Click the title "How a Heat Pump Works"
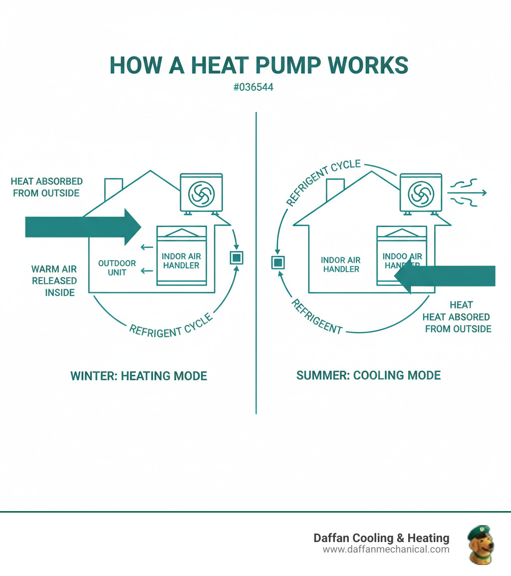(x=258, y=65)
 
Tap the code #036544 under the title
(x=253, y=87)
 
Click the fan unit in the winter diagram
(x=201, y=193)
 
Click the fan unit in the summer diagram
(x=421, y=194)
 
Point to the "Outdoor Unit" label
(x=117, y=268)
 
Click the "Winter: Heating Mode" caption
(x=139, y=376)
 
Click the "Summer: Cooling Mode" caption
(x=368, y=375)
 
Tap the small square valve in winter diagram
(x=236, y=258)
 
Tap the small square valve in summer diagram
(x=277, y=263)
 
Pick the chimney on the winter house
(x=113, y=189)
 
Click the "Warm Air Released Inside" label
(x=54, y=281)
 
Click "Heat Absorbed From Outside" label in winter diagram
(x=46, y=187)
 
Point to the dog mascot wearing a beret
(x=480, y=545)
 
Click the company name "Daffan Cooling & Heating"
(x=381, y=538)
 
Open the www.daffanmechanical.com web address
(x=386, y=550)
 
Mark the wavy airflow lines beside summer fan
(x=466, y=193)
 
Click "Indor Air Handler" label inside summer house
(x=341, y=265)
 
